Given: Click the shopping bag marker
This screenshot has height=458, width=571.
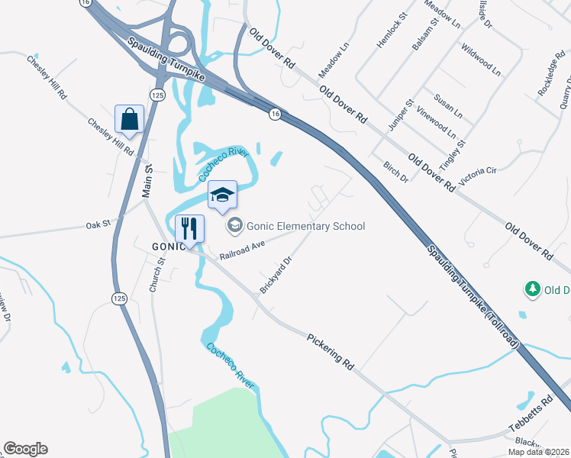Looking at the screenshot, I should click(129, 119).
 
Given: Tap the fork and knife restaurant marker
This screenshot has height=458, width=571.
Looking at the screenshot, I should click(189, 227).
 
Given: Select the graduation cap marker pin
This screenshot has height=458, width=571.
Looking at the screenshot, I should click(222, 195).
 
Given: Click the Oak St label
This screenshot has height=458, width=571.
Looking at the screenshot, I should click(98, 224).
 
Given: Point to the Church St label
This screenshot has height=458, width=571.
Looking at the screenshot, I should click(157, 276).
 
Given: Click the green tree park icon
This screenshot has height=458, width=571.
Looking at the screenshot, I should click(532, 289).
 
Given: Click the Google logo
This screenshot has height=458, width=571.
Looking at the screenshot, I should click(25, 449).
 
